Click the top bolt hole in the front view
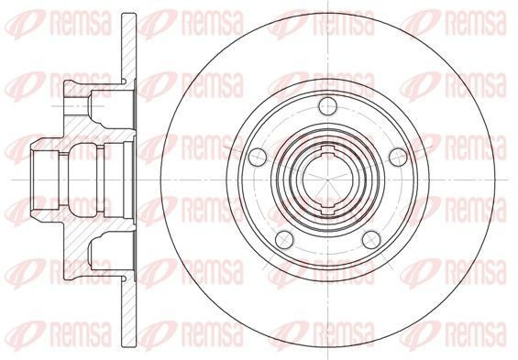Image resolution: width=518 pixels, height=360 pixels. coord(327,106)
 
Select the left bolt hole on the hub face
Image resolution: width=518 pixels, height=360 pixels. coord(258,157)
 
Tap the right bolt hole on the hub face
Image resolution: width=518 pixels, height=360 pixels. coord(398,157)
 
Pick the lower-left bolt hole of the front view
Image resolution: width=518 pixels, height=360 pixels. coord(284,240)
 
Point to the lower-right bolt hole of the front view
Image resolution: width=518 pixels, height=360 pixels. coord(371,240)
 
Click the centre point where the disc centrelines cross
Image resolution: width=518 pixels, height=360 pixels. coord(327,180)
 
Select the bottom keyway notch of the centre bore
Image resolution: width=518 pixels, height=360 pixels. coord(327,210)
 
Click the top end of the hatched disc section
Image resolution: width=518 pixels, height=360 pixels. coord(129,14)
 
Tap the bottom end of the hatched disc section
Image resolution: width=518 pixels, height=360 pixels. coord(129,345)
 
